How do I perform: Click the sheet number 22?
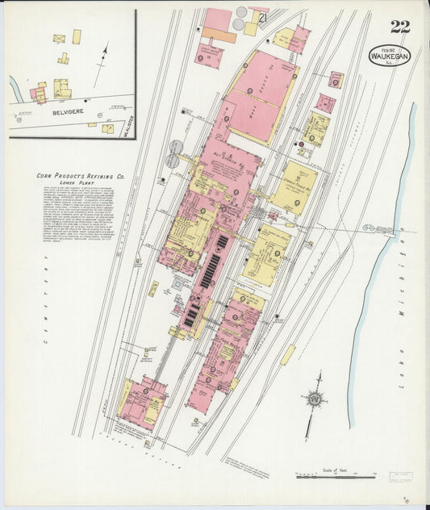pos(400,26)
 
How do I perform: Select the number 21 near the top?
pos(262,17)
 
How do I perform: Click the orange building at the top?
pos(218,36)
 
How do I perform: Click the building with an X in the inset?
pos(59,38)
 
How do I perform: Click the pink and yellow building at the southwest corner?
pos(143,403)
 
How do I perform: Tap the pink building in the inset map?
pos(38,94)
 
